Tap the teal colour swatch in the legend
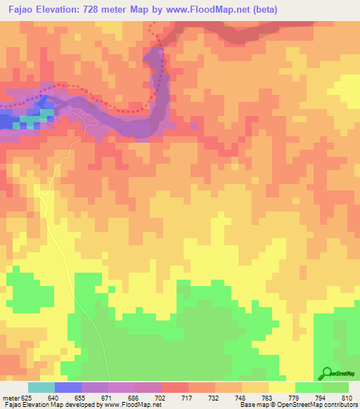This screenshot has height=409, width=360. pos(41,387)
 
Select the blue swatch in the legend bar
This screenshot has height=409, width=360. pos(68,387)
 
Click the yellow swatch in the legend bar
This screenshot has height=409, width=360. pos(282,387)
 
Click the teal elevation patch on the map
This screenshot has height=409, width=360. pos(46,112)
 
